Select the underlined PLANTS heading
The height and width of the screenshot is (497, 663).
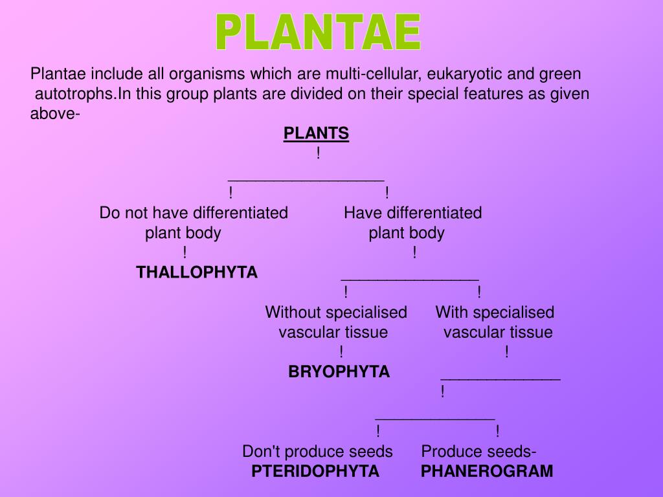[x=316, y=133]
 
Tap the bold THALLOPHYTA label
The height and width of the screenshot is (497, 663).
[x=197, y=272]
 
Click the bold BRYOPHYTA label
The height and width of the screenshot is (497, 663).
[x=339, y=371]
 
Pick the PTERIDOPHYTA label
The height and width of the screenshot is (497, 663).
[x=315, y=471]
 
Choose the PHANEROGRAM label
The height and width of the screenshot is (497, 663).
[x=487, y=471]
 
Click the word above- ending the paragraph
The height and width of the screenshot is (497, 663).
[x=55, y=114]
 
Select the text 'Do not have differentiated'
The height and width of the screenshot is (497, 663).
[x=194, y=213]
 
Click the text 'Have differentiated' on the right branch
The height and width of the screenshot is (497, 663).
[x=413, y=213]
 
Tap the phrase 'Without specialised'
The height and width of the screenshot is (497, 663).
[x=336, y=313]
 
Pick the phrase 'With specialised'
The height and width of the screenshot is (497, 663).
[x=495, y=313]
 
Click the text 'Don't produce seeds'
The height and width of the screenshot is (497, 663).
[x=317, y=451]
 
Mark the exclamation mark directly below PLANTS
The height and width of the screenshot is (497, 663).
[x=319, y=154]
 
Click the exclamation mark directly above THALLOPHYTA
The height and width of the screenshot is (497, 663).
[x=185, y=253]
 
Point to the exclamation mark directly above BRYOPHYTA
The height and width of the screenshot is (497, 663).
[x=341, y=352]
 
